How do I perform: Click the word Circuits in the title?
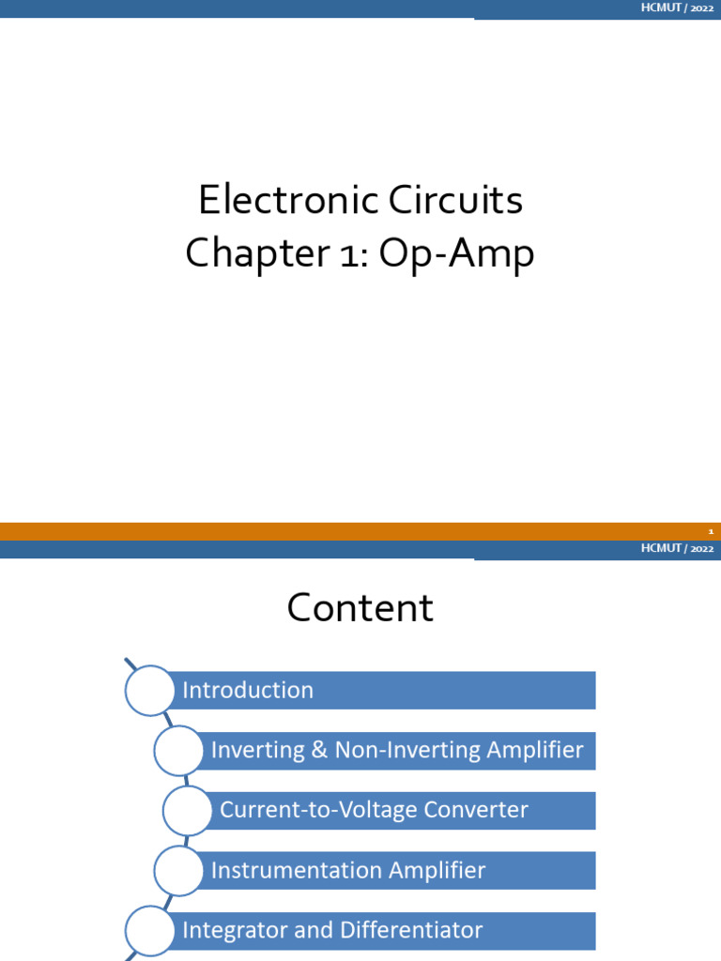tap(449, 201)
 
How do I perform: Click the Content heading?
tap(360, 608)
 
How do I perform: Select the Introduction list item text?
tap(248, 691)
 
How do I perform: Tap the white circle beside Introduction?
tap(150, 691)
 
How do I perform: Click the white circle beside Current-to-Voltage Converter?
tap(187, 811)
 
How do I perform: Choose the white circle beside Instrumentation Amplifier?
tap(178, 871)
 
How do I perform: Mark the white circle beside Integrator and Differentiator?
tap(150, 931)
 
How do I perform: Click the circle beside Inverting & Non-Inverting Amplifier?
tap(178, 751)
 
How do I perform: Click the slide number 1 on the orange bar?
tap(711, 532)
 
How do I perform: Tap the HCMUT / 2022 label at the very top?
tap(677, 8)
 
